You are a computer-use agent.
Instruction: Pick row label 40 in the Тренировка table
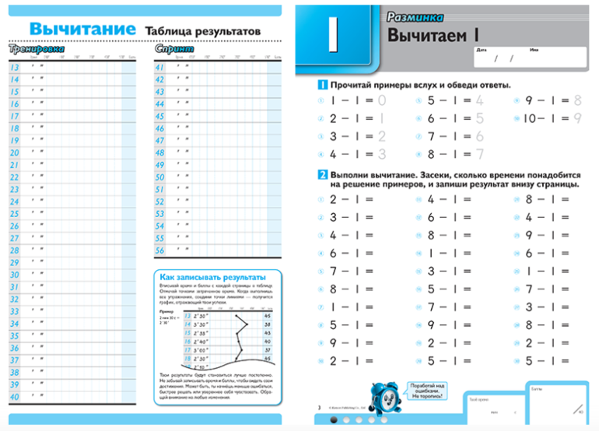tap(14, 398)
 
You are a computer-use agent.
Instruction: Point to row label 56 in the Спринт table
tap(160, 251)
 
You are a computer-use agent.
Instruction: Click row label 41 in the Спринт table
tap(160, 67)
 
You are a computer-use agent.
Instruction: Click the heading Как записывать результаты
tap(212, 277)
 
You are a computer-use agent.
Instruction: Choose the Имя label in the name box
tap(534, 49)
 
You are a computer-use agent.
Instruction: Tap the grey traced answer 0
tap(381, 100)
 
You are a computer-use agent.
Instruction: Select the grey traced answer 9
tap(576, 118)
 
